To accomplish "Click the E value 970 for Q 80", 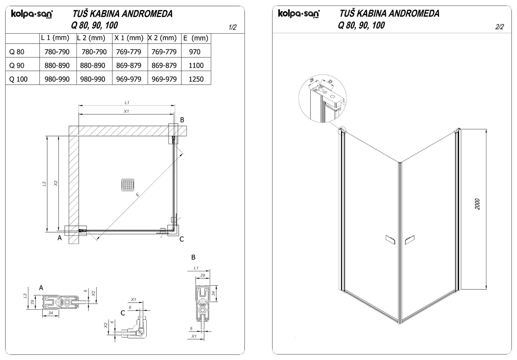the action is [195, 52].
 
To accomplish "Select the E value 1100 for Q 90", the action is [196, 65].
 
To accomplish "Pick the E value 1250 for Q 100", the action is [196, 79].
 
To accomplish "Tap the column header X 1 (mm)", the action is [129, 38].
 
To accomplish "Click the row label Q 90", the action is [17, 66].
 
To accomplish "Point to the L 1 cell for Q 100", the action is [57, 79].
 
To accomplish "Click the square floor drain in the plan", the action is [128, 185].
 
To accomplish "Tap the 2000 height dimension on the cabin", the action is [477, 204].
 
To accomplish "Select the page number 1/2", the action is [232, 27].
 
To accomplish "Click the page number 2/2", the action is [499, 27].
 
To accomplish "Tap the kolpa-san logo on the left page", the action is [32, 14].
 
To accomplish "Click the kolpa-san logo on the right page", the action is [299, 13].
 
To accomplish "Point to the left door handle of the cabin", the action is [390, 240].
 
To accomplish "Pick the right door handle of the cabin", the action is [410, 240].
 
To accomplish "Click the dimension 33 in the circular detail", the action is [330, 82].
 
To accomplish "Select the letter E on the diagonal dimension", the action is [137, 194].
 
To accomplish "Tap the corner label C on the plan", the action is [182, 239].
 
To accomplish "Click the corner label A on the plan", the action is [59, 238].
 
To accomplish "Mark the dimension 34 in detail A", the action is [51, 313].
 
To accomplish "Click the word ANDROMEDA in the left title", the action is [147, 14].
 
